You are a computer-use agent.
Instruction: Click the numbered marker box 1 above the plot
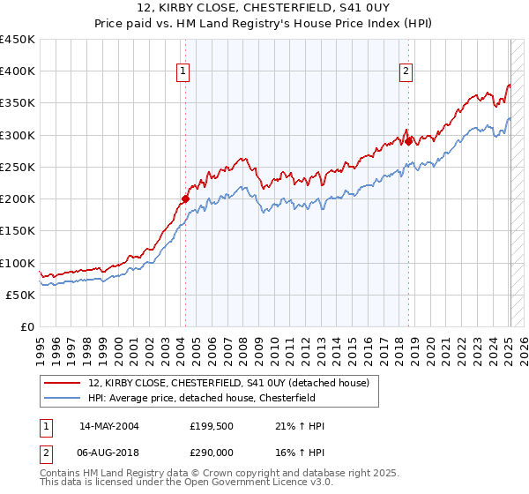pos(183,72)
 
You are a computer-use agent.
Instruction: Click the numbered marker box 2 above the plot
pos(406,72)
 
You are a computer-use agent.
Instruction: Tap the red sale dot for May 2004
pos(185,198)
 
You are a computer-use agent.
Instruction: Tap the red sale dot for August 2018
pos(408,140)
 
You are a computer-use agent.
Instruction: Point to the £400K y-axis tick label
pos(18,71)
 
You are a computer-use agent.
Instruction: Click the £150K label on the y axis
pos(18,230)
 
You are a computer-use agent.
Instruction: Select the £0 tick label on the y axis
pos(27,326)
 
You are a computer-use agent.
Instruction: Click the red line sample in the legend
pos(63,383)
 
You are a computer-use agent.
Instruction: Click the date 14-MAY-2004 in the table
pos(108,426)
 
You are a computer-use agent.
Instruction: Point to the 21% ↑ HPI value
pos(300,426)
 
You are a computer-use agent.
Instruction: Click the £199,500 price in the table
pos(211,426)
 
